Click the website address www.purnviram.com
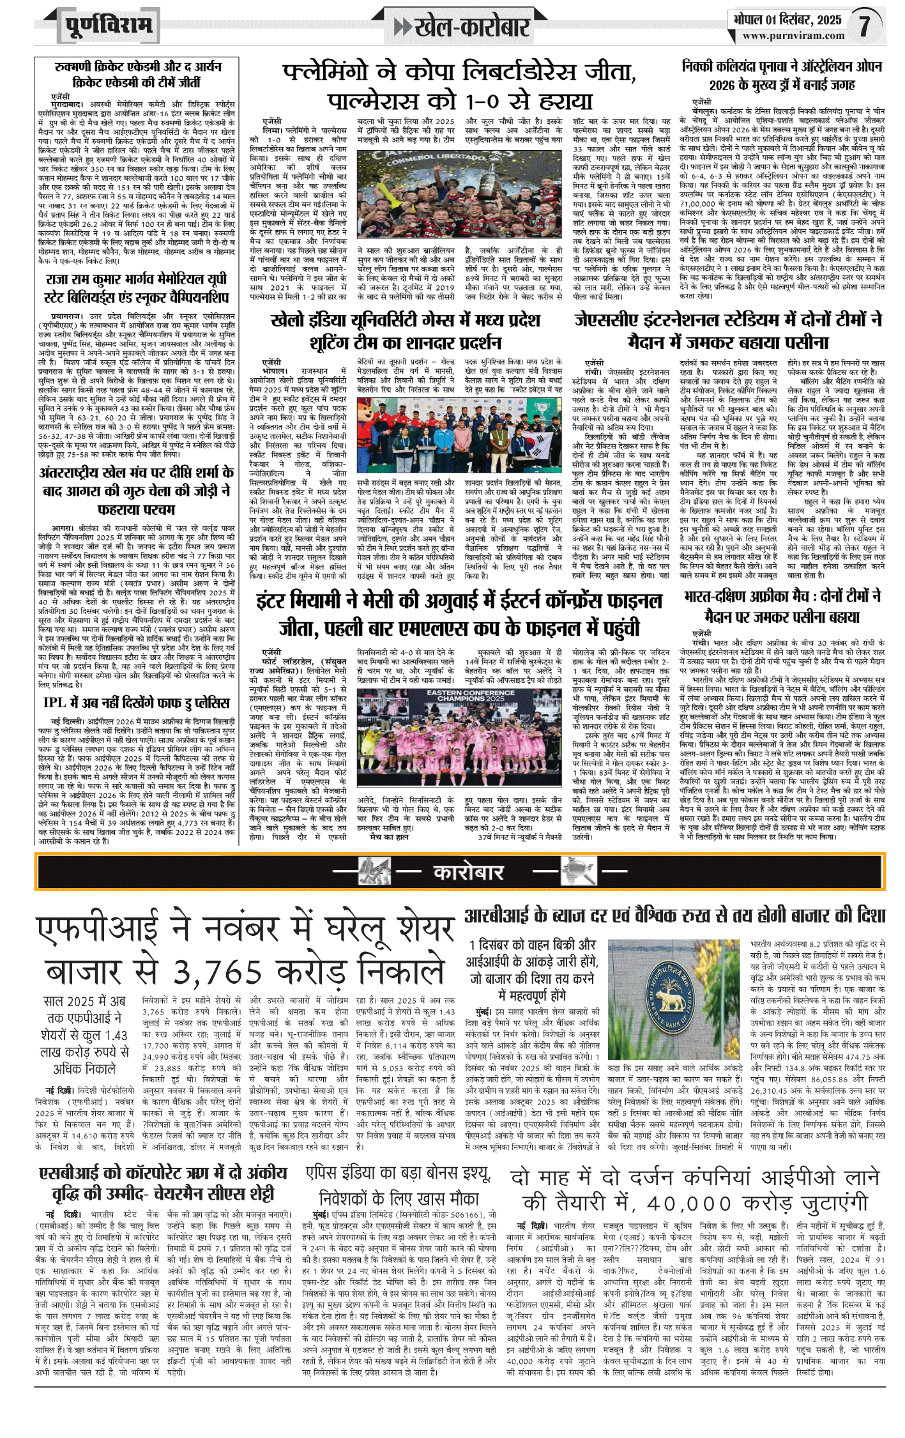click(x=793, y=36)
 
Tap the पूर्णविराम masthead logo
click(x=109, y=26)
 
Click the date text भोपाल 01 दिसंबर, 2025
click(x=787, y=20)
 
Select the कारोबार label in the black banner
click(x=469, y=873)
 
